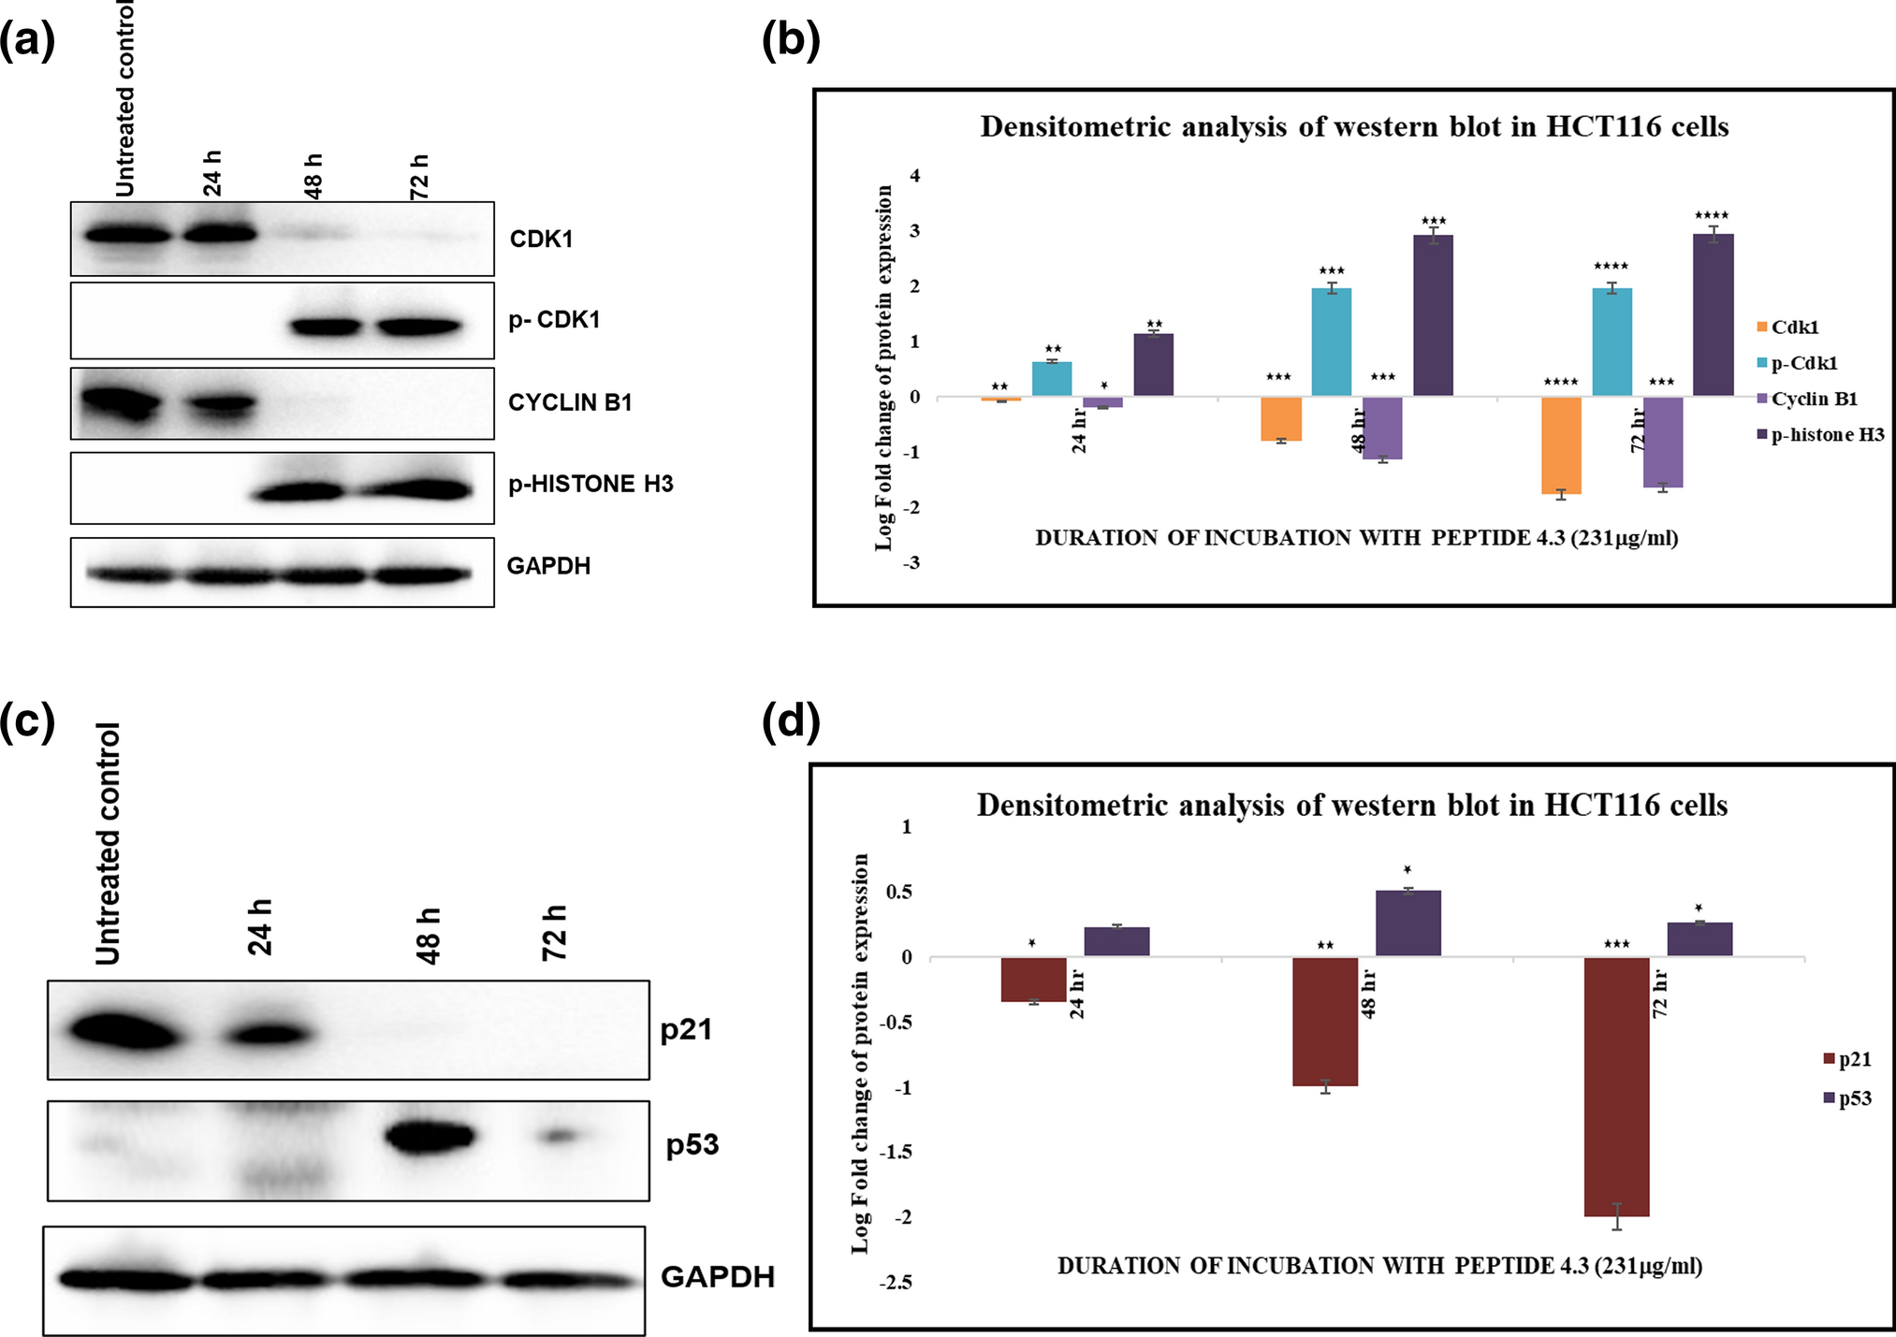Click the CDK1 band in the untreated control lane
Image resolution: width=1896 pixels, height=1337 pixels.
click(128, 234)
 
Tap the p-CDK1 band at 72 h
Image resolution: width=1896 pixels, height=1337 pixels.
click(420, 327)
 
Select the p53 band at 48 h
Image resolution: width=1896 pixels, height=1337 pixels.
click(430, 1139)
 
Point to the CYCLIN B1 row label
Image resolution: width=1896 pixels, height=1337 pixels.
click(570, 402)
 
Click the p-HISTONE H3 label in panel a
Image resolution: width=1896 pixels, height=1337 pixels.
click(591, 484)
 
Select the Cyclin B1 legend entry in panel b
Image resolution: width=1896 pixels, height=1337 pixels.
click(1813, 399)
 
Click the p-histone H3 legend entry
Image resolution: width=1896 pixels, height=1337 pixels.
click(1826, 434)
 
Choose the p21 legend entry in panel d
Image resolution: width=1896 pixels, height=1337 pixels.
click(1853, 1059)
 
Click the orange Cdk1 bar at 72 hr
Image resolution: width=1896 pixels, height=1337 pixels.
click(1561, 445)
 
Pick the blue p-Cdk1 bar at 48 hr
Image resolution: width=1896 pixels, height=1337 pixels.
click(1331, 342)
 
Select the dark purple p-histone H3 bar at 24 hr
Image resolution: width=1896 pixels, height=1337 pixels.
click(1153, 365)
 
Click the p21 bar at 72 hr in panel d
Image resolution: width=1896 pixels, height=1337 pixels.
click(1616, 1085)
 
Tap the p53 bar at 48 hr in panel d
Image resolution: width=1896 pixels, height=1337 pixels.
click(1407, 923)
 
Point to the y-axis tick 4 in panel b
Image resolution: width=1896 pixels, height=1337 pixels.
click(915, 176)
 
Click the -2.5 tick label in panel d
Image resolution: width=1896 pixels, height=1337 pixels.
click(895, 1283)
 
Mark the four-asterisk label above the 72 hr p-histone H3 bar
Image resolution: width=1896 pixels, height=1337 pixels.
click(1712, 216)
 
